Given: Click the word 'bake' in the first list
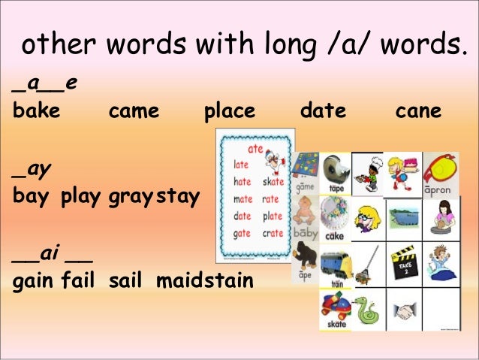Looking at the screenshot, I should (x=37, y=112).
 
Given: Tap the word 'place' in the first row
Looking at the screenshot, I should (x=230, y=112).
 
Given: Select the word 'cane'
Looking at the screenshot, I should (x=418, y=112).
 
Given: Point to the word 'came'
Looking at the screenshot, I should (x=134, y=112).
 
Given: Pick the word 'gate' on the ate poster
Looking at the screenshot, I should (x=242, y=234).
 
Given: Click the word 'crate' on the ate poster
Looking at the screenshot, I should (x=272, y=234).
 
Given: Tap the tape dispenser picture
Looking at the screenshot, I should (x=334, y=169).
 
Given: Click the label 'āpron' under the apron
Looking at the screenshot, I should (x=440, y=190).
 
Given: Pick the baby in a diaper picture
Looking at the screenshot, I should (x=305, y=213).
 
